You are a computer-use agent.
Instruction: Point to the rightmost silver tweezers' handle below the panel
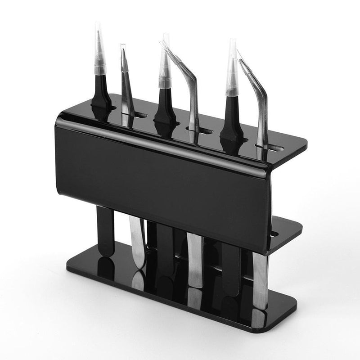pyautogui.click(x=260, y=279)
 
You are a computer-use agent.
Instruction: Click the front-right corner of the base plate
pyautogui.click(x=288, y=315)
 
